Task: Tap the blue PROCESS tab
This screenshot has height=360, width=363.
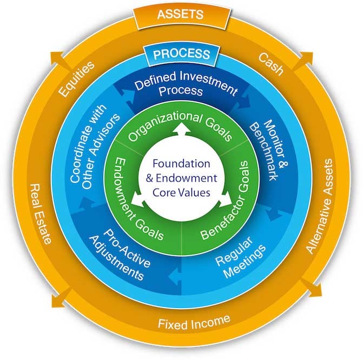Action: (x=181, y=54)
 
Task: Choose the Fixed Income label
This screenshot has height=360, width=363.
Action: (x=194, y=323)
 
